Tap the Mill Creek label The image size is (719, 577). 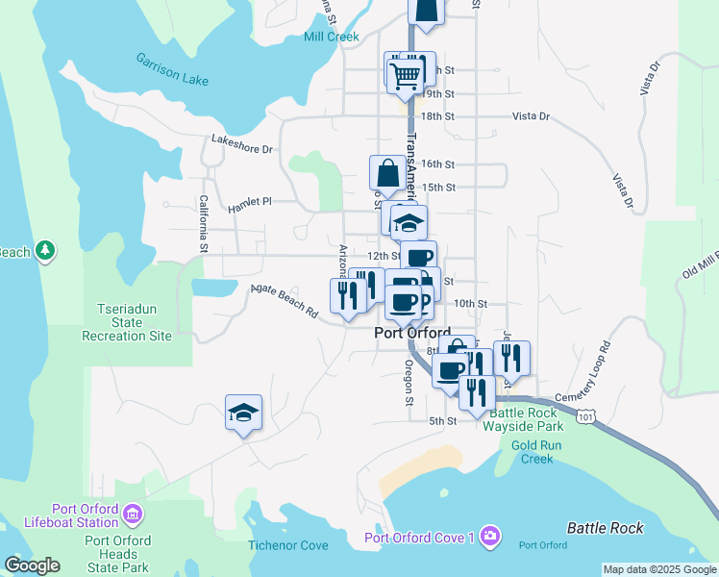coord(331,38)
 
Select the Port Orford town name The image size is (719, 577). coord(411,333)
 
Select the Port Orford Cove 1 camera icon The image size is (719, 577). coord(491,535)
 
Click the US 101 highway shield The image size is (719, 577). coord(587,414)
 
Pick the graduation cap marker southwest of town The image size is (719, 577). coord(244,413)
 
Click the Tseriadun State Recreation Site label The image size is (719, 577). coord(127,322)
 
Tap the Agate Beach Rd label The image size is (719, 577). coord(284,300)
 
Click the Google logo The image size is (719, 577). coord(32,565)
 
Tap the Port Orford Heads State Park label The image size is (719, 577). coord(117,554)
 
